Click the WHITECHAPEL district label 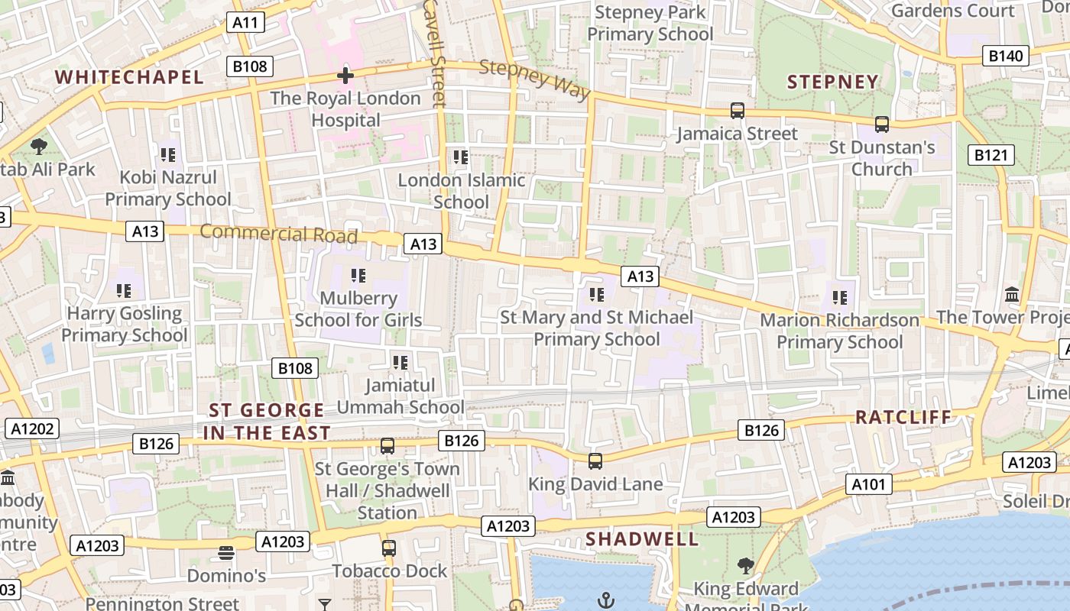(129, 77)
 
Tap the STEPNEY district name (832, 82)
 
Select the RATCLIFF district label (903, 417)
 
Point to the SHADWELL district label (642, 539)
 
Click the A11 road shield (245, 22)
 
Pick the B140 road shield (1005, 56)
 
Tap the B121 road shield (991, 155)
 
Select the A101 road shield (869, 483)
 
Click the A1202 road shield (31, 428)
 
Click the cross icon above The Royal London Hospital (345, 76)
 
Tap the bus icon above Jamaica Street (737, 111)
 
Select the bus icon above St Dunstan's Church (882, 124)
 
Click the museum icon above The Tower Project (1012, 294)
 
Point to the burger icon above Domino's (225, 552)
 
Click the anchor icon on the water (606, 600)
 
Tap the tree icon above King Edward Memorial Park (746, 566)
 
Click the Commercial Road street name (279, 233)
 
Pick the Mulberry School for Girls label (358, 309)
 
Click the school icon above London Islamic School (460, 157)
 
